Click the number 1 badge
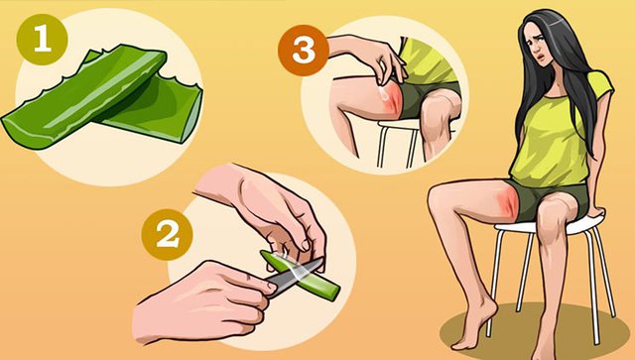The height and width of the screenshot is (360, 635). pos(42,40)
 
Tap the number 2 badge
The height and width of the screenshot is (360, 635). pos(167,234)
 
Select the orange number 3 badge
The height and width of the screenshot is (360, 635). pos(304,51)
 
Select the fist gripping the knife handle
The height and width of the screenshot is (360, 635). pos(202,301)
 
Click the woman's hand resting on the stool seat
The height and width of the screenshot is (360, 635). pos(594,210)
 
